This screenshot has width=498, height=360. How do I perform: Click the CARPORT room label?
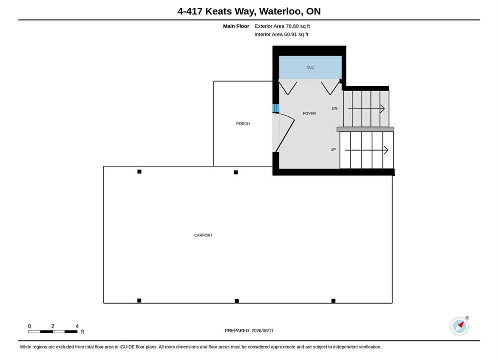203,235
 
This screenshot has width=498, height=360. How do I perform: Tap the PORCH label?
243,123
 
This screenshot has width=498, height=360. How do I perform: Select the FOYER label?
309,113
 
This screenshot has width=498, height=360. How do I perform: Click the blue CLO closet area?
310,67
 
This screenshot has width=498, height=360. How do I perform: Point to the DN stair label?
334,108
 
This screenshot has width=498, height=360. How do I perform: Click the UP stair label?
333,149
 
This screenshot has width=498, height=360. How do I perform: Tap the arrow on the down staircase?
366,109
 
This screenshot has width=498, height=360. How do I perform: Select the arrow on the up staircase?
367,150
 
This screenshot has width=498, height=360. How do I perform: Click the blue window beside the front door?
276,108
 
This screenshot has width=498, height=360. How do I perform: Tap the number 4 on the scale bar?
77,326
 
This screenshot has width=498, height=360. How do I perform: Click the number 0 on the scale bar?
29,326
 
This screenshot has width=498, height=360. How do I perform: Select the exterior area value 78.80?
292,26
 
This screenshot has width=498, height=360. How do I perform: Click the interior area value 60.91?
291,34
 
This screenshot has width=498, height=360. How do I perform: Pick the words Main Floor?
236,26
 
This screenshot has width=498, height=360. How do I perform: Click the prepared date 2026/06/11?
262,331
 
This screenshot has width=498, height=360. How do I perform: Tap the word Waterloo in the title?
280,11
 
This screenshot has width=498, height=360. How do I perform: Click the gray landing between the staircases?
365,129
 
